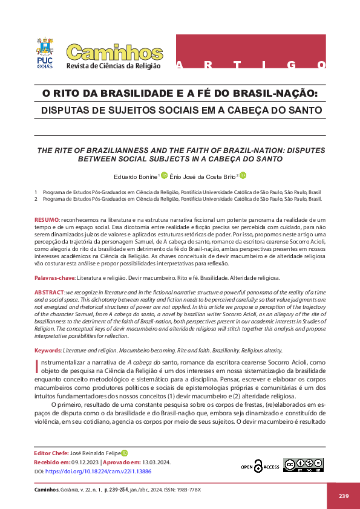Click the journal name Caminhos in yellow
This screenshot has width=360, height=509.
[114, 53]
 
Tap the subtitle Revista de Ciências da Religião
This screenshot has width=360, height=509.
[114, 66]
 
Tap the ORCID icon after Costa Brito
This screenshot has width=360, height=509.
[243, 176]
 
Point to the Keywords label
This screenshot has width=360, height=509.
[48, 351]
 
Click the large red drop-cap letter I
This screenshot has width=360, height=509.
[38, 364]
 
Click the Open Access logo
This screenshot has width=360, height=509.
[260, 466]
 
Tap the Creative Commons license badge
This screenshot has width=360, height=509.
[299, 465]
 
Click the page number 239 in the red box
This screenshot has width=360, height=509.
[344, 496]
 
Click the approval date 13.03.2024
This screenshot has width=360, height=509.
[156, 462]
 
